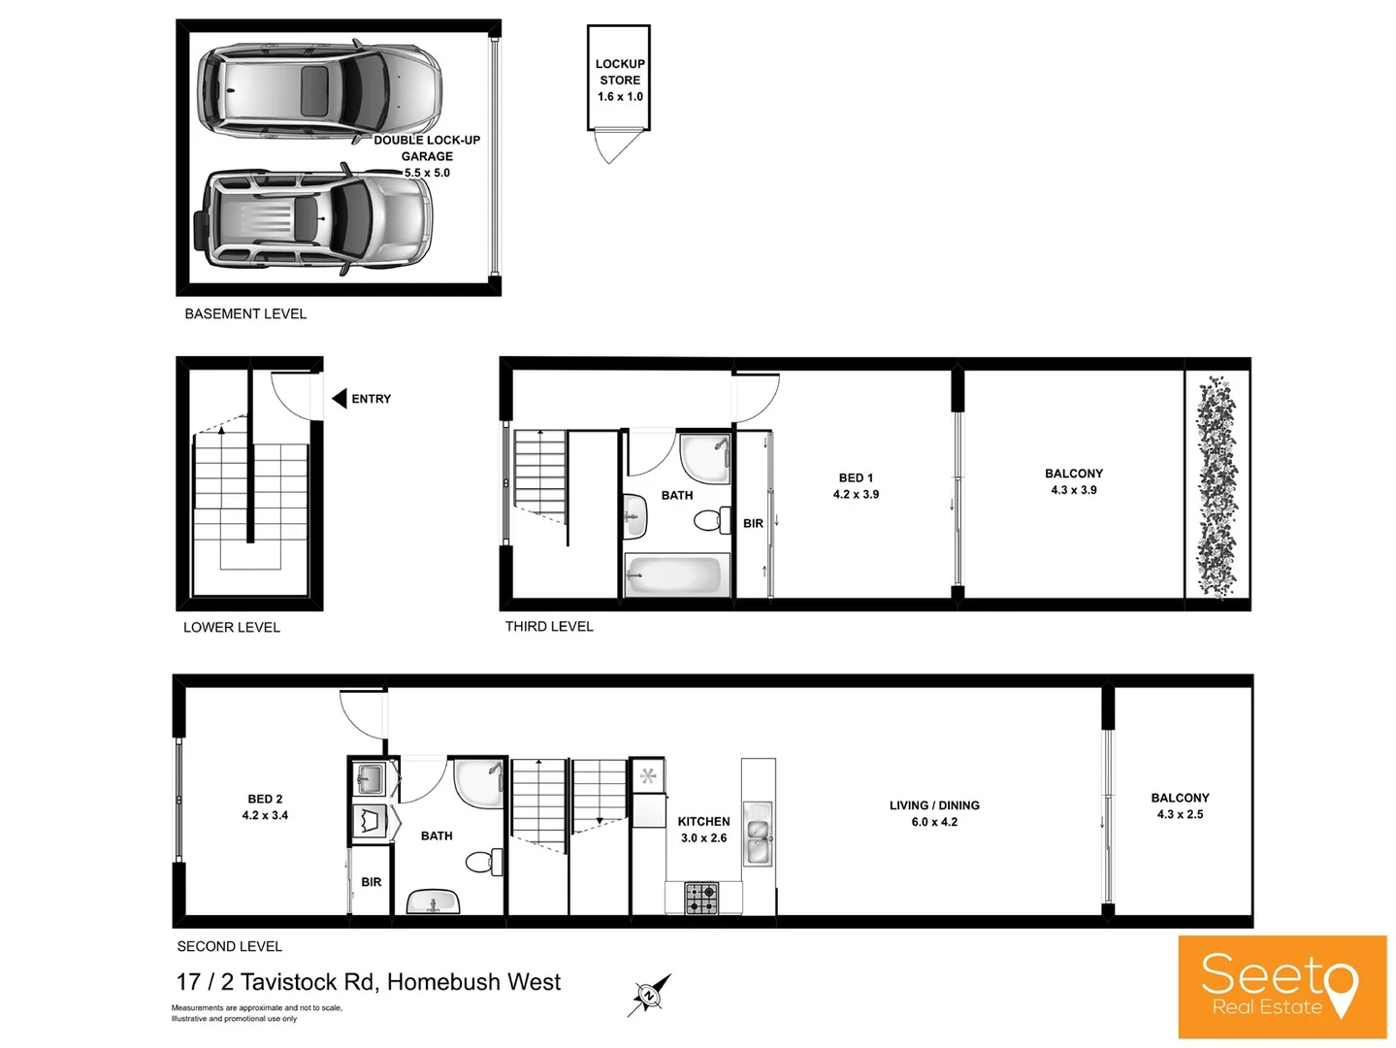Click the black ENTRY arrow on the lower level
(x=340, y=399)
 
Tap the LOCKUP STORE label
(x=620, y=72)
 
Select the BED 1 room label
(x=856, y=477)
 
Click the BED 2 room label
(x=265, y=799)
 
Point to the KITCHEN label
(x=703, y=821)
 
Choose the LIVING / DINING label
(x=934, y=805)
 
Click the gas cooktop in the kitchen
(x=702, y=898)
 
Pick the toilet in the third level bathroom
(x=712, y=520)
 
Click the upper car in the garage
(x=319, y=89)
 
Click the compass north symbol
(x=648, y=996)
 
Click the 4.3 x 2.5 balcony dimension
(x=1180, y=814)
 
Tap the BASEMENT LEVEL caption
(x=245, y=313)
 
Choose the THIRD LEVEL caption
(x=549, y=626)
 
